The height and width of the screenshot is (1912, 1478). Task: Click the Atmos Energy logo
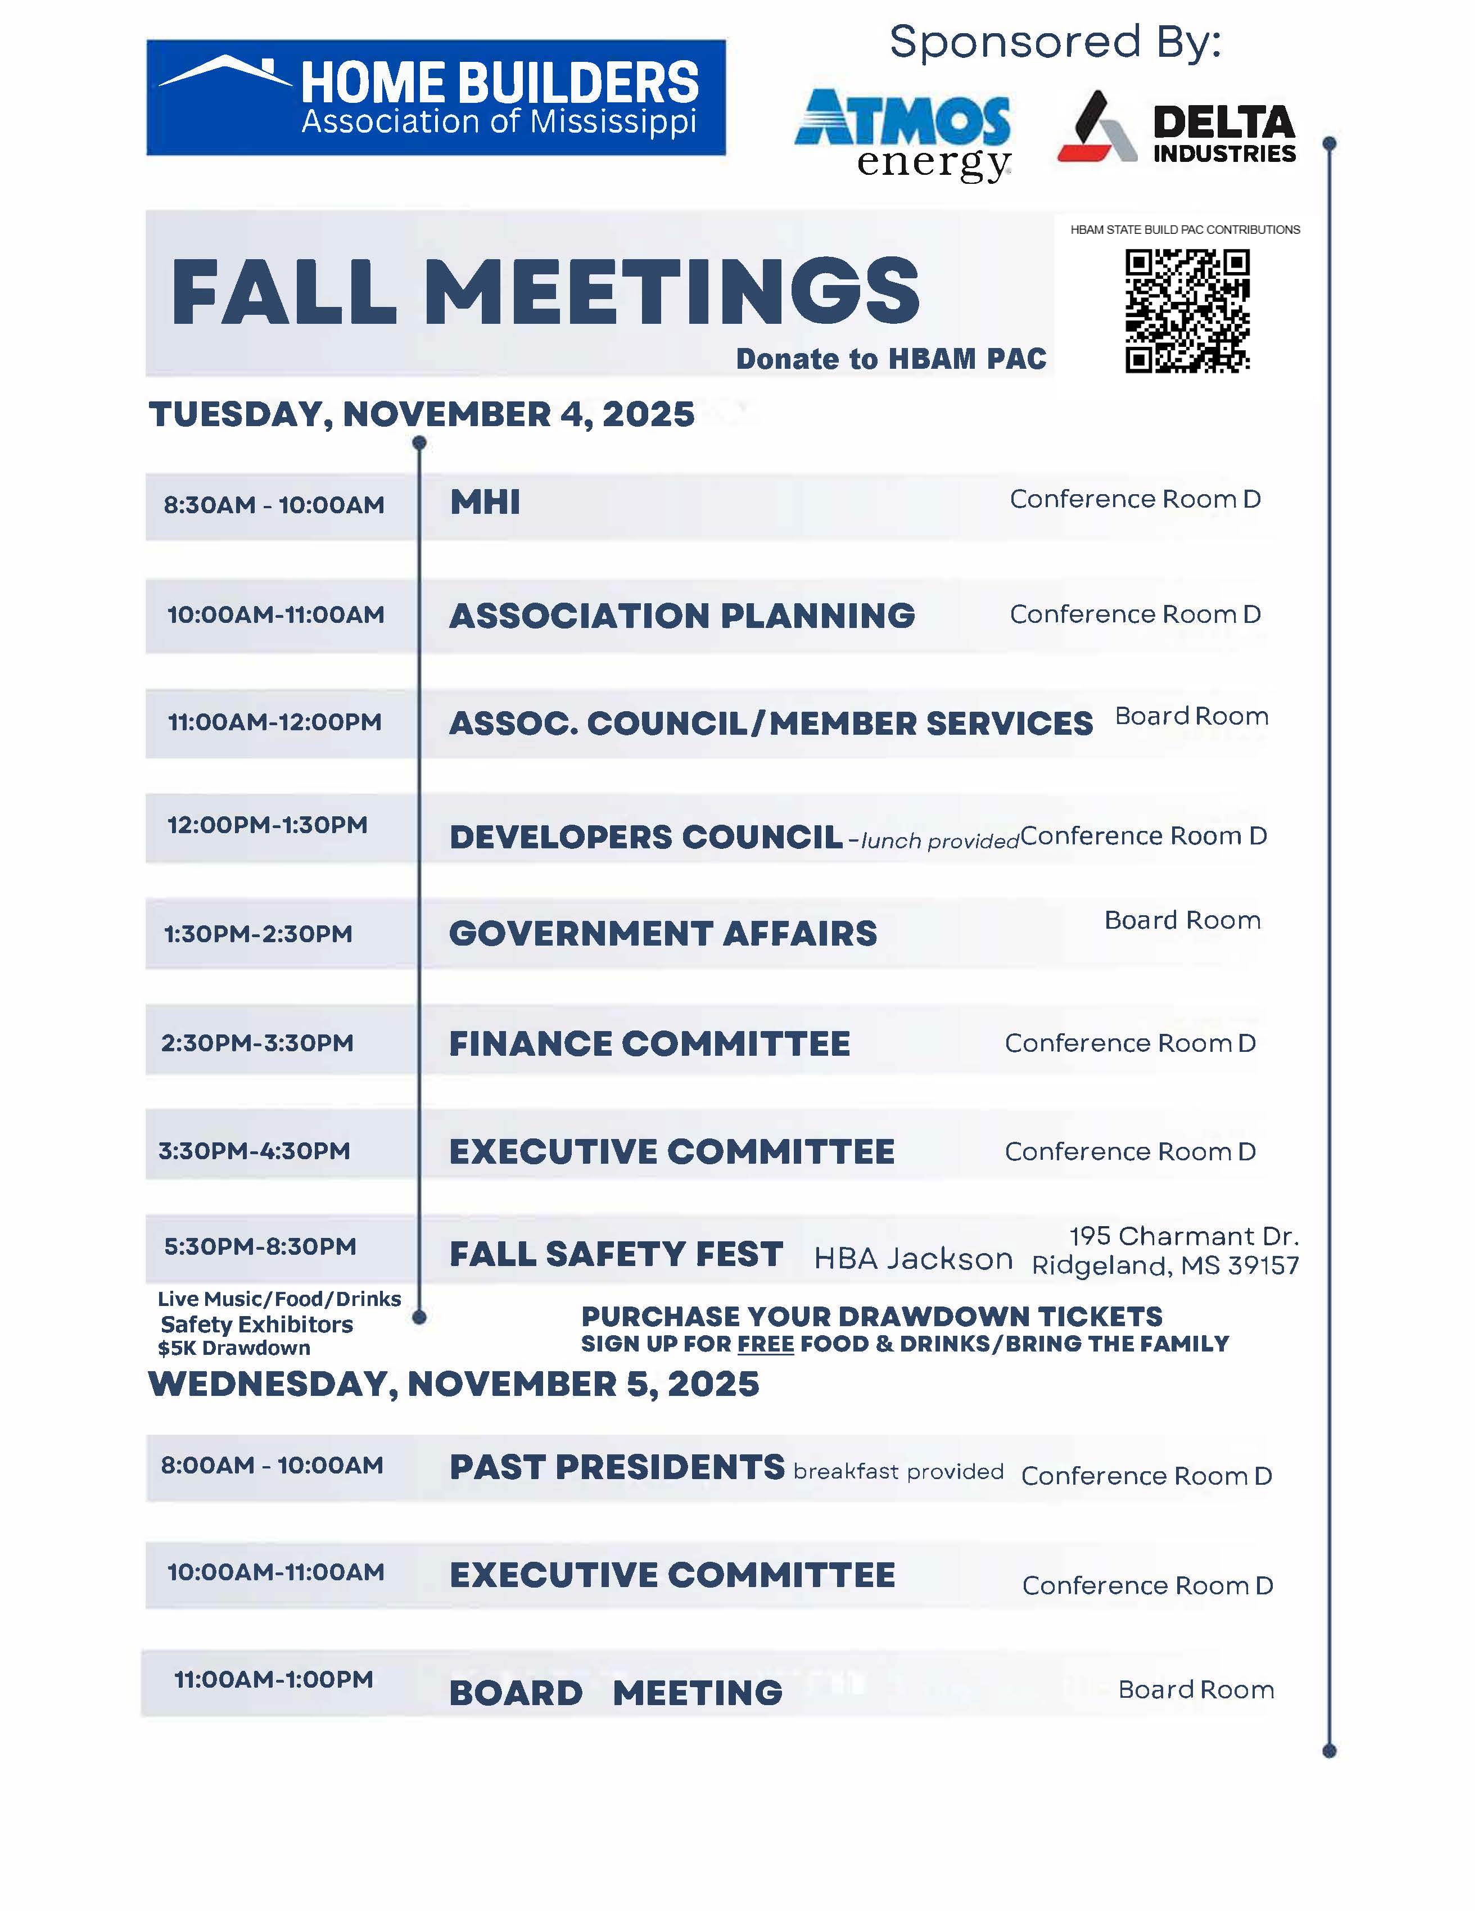pos(903,133)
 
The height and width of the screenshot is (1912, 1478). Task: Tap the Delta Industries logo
pos(1176,128)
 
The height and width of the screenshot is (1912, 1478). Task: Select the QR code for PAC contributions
pos(1187,311)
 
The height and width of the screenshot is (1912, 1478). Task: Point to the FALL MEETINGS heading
pos(545,292)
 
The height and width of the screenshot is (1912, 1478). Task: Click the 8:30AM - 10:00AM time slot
pos(274,505)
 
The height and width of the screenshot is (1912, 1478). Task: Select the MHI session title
pos(485,503)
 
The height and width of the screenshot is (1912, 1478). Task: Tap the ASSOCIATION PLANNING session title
pos(681,616)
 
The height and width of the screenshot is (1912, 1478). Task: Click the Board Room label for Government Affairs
pos(1182,920)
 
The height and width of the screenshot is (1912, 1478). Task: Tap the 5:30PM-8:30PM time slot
pos(260,1247)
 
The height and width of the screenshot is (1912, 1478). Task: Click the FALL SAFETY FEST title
pos(616,1254)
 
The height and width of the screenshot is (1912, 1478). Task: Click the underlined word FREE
pos(765,1344)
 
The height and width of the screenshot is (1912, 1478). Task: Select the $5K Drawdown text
pos(234,1348)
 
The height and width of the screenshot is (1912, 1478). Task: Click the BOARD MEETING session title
pos(616,1693)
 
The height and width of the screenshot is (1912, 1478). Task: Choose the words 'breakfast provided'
pos(898,1472)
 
